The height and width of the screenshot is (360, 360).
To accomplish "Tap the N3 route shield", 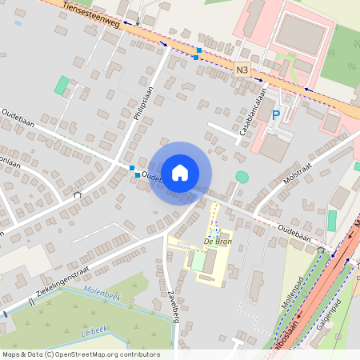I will (x=242, y=71).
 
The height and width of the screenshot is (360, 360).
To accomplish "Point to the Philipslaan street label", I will (x=143, y=104).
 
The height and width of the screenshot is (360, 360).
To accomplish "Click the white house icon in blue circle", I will (x=180, y=172).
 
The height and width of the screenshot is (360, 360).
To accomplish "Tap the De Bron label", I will (x=216, y=241).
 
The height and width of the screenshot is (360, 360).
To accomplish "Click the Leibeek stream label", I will (x=94, y=329).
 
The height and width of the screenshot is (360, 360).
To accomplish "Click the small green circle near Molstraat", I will (x=242, y=177).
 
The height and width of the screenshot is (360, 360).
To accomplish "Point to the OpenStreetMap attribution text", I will (x=80, y=354).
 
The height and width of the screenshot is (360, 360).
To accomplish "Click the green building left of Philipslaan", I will (x=62, y=85).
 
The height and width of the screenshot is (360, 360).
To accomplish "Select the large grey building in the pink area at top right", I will (x=301, y=33).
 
